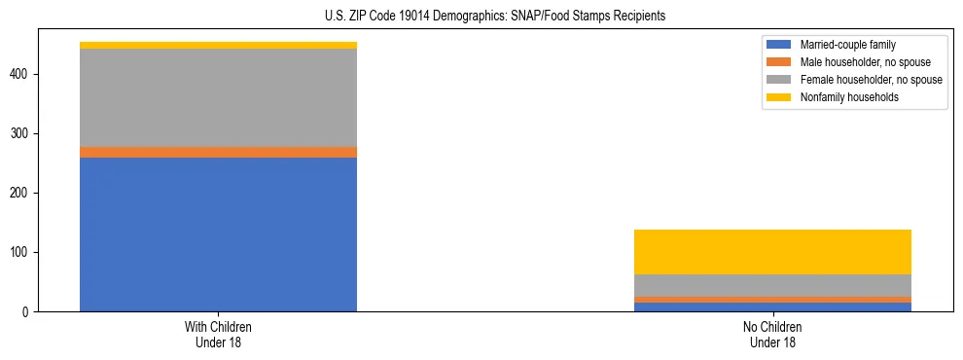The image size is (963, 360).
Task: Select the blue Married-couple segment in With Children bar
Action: [218, 234]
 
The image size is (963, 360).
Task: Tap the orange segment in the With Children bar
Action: [218, 152]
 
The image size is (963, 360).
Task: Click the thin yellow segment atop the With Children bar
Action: [218, 45]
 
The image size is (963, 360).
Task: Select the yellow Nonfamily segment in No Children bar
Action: [772, 252]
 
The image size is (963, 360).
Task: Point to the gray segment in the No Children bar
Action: [772, 285]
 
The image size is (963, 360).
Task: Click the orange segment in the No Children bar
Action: [772, 300]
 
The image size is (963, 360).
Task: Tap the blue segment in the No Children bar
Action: [772, 307]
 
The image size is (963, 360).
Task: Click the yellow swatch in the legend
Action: [780, 97]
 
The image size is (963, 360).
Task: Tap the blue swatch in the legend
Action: [780, 45]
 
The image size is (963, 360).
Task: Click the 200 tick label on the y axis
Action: [24, 193]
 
